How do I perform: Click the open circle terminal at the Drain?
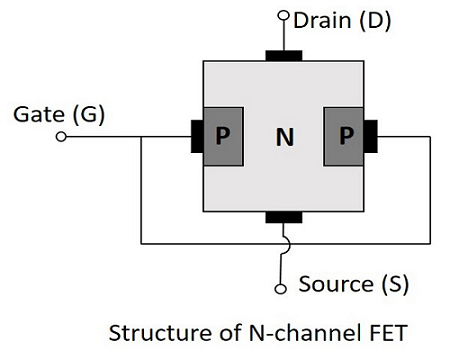(x=283, y=17)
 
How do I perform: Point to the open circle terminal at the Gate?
(x=62, y=136)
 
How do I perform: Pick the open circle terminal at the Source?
(x=283, y=288)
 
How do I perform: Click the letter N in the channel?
(x=284, y=137)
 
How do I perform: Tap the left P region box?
(x=222, y=136)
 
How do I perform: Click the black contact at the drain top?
(x=284, y=54)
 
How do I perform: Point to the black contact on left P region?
(x=196, y=136)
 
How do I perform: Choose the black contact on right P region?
(x=371, y=136)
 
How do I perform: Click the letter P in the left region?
(x=222, y=137)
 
